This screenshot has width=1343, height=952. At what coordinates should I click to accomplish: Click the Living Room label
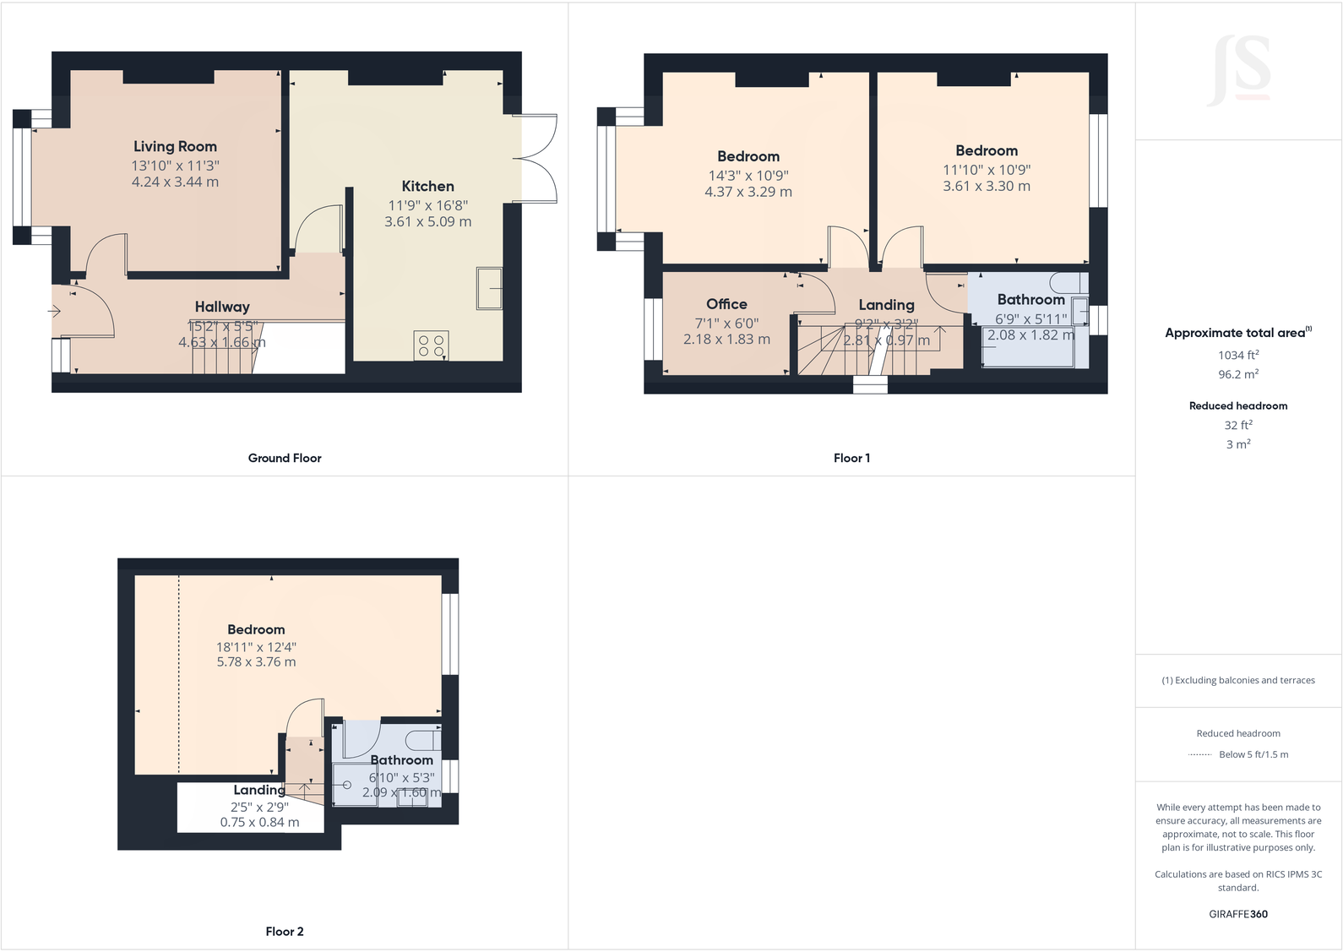(175, 146)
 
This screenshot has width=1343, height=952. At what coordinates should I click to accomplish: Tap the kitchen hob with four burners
(431, 345)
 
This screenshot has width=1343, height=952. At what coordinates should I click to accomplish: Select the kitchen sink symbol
(489, 288)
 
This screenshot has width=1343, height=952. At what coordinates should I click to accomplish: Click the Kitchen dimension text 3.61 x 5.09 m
(427, 221)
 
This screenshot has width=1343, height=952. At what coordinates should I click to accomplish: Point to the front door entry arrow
(55, 311)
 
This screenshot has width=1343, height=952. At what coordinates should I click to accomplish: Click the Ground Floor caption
(285, 458)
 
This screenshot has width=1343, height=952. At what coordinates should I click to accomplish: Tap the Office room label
(726, 304)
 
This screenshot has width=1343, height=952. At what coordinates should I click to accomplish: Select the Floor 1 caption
(851, 458)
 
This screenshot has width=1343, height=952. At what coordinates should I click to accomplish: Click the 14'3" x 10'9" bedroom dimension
(748, 176)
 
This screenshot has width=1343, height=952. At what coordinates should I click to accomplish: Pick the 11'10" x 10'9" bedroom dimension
(987, 170)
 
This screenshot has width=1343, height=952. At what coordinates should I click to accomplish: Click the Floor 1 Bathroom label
(1030, 299)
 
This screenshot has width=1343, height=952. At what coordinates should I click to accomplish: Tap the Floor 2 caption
(285, 931)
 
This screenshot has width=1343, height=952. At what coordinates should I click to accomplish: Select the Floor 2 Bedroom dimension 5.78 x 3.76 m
(256, 662)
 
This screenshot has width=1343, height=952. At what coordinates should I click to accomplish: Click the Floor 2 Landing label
(259, 790)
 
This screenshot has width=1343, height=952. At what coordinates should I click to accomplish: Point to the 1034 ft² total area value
(1238, 355)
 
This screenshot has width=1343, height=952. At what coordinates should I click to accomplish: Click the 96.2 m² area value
(1238, 373)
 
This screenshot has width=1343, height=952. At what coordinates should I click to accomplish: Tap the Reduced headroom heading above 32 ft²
(1238, 405)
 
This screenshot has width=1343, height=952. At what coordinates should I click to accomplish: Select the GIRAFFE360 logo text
(1238, 914)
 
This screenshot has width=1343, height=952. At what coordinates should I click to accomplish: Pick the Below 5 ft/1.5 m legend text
(1253, 754)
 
